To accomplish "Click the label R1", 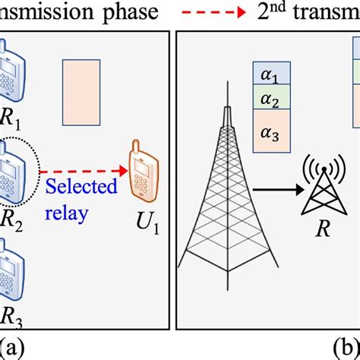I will (14, 121).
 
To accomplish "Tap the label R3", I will (14, 317).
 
